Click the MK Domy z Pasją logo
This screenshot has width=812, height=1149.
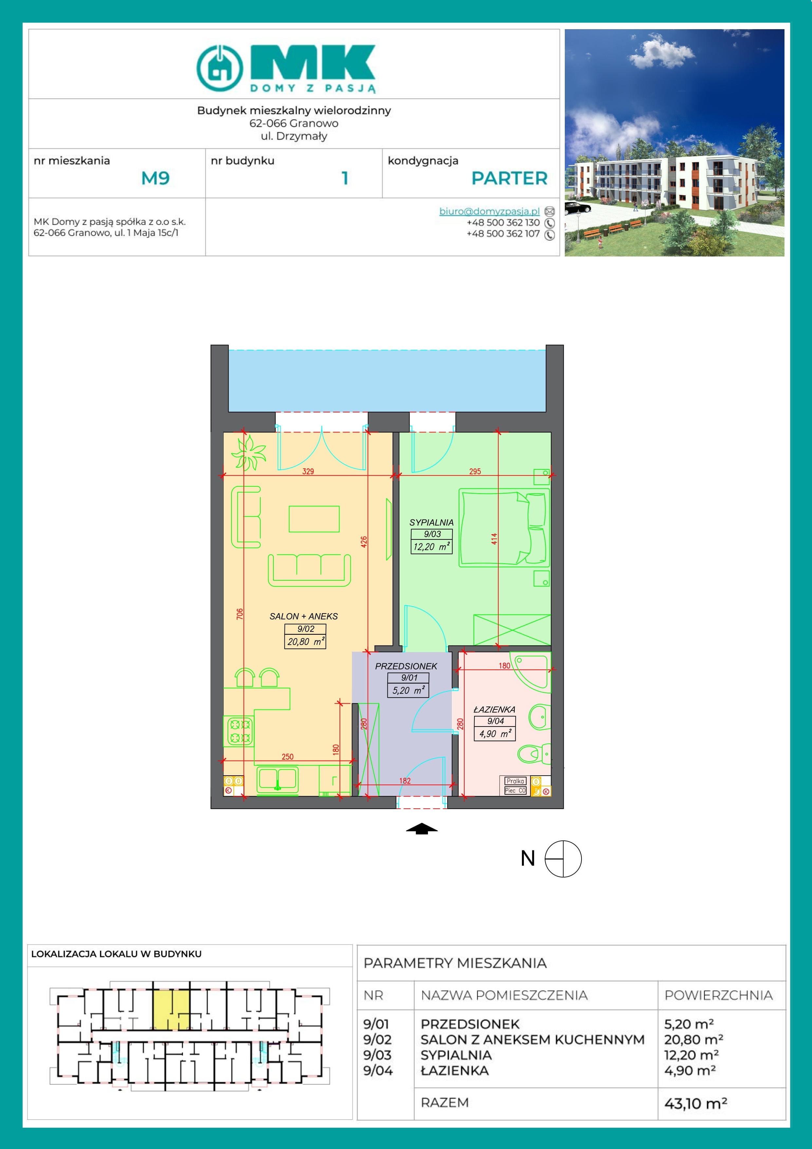click(x=286, y=68)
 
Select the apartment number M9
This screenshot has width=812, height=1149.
click(x=156, y=178)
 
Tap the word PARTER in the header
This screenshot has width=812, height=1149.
click(x=509, y=178)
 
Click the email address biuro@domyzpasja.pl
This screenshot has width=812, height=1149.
click(x=489, y=211)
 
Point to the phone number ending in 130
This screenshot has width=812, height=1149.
click(x=503, y=223)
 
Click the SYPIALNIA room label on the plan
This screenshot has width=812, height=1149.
click(x=431, y=522)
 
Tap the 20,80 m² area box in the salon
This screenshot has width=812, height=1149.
click(x=305, y=642)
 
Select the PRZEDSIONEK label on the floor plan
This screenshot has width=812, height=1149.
click(x=406, y=666)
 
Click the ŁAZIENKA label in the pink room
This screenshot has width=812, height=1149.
click(x=494, y=709)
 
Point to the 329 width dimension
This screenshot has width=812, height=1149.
click(x=308, y=471)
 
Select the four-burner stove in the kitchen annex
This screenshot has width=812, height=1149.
click(x=240, y=731)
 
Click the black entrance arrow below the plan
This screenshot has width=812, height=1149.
click(x=422, y=829)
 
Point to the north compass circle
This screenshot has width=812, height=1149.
click(x=563, y=859)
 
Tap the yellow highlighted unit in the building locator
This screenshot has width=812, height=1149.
click(x=171, y=1009)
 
